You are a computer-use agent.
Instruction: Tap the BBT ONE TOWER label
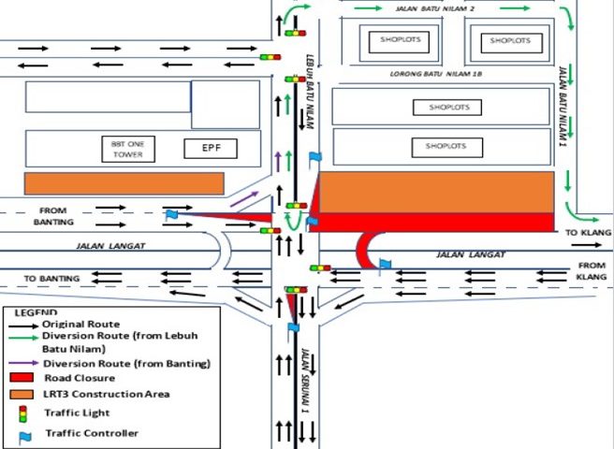(128, 148)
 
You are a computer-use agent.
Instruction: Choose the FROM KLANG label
(591, 270)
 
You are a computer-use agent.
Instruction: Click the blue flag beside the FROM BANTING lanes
(171, 215)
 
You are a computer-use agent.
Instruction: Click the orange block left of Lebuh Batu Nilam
(124, 183)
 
